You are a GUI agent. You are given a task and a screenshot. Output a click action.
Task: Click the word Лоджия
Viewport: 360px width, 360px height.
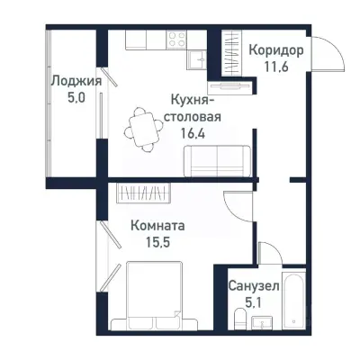(75, 81)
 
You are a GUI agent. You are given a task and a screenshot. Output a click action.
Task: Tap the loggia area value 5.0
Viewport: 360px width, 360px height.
(75, 98)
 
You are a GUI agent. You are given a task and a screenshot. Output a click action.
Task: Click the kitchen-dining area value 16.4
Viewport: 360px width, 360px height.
(192, 132)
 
